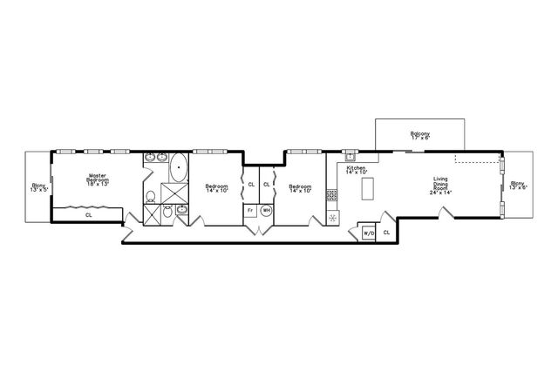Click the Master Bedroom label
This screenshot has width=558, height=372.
coord(96,180)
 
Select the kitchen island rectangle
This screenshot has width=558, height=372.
coord(367,187)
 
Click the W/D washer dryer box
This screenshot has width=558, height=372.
coord(367,233)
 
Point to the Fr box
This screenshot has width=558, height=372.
coord(250,210)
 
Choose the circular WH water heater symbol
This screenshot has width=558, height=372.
coord(266,210)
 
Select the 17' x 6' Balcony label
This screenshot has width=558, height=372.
coord(420,135)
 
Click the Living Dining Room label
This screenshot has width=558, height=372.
coord(441,186)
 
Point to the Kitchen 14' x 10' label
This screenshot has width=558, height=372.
coord(356,170)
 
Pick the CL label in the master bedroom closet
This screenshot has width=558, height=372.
coord(88,214)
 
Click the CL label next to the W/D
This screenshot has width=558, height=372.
coord(385,232)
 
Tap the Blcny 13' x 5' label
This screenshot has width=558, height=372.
coord(38,186)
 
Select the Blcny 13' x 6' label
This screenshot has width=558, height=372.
coord(518,185)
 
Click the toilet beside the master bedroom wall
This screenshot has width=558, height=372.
coord(150,196)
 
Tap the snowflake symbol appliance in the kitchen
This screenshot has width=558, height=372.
coord(331,216)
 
